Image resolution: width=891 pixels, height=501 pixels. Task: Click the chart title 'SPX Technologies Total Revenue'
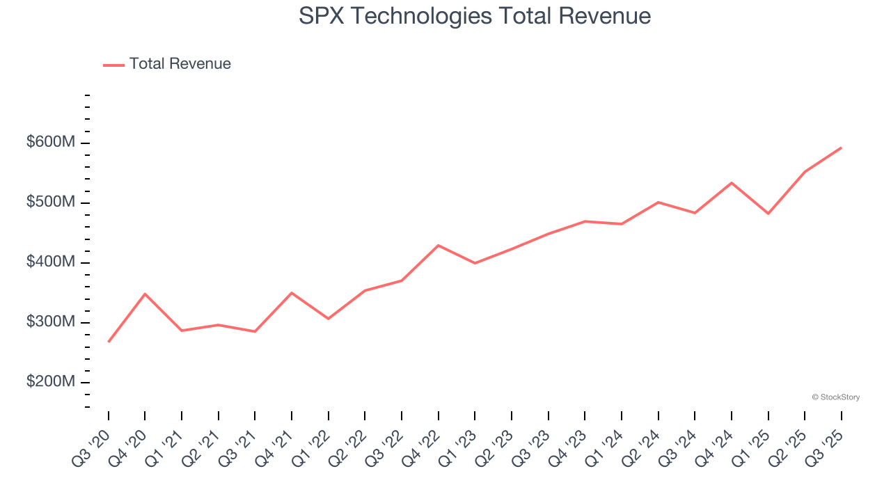click(475, 16)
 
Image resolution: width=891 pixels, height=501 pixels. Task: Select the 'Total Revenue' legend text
click(180, 64)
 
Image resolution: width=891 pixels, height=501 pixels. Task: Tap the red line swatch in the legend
click(113, 65)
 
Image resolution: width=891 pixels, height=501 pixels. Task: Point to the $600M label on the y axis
click(51, 143)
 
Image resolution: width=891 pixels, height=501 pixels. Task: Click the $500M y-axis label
click(51, 202)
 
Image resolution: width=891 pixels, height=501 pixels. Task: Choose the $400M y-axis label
click(51, 262)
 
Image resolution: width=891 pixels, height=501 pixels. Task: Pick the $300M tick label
click(51, 322)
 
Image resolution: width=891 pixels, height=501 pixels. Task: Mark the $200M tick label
click(51, 382)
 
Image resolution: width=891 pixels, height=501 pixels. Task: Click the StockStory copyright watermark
click(835, 397)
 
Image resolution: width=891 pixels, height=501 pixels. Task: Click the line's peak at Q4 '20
click(145, 294)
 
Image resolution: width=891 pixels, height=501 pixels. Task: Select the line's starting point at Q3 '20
click(109, 342)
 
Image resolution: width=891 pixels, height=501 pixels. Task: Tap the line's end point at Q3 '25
click(841, 148)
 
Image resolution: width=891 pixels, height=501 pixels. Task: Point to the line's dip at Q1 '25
click(768, 214)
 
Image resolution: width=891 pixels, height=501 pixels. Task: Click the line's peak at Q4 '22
click(438, 245)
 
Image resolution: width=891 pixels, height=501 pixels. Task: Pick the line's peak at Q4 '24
click(731, 182)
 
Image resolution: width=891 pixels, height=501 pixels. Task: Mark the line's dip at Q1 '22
click(328, 319)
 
